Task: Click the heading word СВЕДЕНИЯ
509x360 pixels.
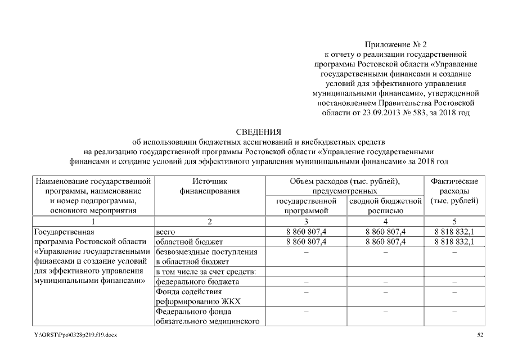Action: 258,133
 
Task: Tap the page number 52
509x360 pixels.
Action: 480,335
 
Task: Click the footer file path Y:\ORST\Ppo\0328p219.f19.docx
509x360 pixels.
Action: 75,335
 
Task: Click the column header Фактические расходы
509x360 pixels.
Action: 454,191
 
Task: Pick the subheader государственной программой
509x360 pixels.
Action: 307,205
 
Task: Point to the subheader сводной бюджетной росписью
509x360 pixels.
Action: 385,205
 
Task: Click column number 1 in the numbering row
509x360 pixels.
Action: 93,221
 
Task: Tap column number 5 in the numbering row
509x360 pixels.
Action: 454,221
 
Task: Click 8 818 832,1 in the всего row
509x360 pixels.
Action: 454,232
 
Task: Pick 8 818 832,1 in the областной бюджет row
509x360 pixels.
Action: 454,242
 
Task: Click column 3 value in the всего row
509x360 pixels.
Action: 307,232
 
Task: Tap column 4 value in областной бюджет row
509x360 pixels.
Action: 385,242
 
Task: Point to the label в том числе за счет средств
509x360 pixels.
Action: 206,272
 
